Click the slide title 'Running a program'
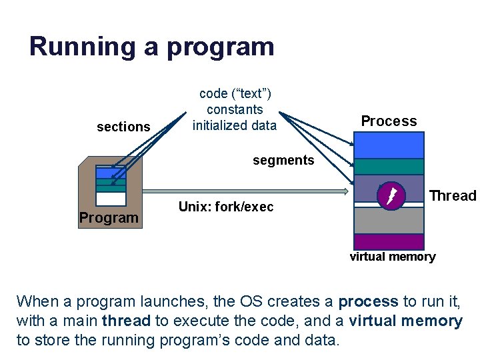pyautogui.click(x=151, y=47)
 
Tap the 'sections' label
pyautogui.click(x=123, y=127)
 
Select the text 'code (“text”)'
pyautogui.click(x=235, y=94)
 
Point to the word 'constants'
pyautogui.click(x=235, y=109)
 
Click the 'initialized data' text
pyautogui.click(x=235, y=125)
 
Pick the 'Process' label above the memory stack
pyautogui.click(x=389, y=121)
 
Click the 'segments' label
pyautogui.click(x=283, y=160)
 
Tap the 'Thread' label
pyautogui.click(x=453, y=196)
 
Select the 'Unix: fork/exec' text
pyautogui.click(x=226, y=207)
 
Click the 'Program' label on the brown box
pyautogui.click(x=109, y=217)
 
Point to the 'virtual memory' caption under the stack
pyautogui.click(x=393, y=257)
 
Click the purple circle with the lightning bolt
pyautogui.click(x=391, y=195)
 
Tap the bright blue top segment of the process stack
pyautogui.click(x=389, y=145)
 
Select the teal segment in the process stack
pyautogui.click(x=389, y=166)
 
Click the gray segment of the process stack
pyautogui.click(x=389, y=221)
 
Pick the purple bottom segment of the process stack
pyautogui.click(x=389, y=241)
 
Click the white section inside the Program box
pyautogui.click(x=111, y=199)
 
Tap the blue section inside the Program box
pyautogui.click(x=111, y=171)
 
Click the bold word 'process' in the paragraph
pyautogui.click(x=368, y=301)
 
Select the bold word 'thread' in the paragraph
pyautogui.click(x=126, y=321)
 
